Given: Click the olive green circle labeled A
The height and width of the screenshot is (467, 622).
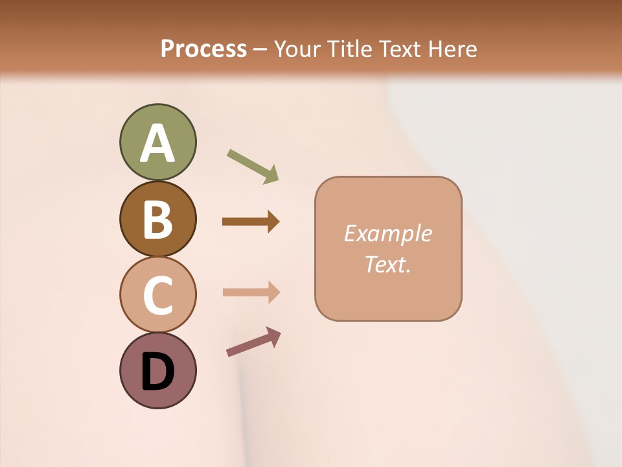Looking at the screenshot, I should tap(157, 143).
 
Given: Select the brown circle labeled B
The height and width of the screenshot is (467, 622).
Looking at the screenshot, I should tap(157, 219).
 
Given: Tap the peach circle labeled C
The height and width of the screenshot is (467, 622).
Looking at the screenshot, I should tap(157, 294).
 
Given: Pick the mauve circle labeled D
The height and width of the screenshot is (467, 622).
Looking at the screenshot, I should tap(157, 370).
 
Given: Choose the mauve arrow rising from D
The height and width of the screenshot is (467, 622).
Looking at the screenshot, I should tap(253, 342).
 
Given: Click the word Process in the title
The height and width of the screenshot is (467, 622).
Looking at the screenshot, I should tap(203, 49).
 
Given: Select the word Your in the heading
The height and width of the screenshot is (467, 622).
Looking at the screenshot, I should tap(299, 49).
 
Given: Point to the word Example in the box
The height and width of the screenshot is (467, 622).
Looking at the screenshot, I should tap(387, 233).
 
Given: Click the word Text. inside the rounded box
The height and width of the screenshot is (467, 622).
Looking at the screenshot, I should tap(387, 264).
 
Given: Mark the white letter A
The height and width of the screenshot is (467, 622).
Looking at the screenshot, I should tap(157, 143).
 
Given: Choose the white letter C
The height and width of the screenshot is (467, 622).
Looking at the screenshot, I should tap(157, 295).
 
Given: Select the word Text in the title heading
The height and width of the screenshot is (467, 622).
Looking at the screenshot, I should tap(400, 49).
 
